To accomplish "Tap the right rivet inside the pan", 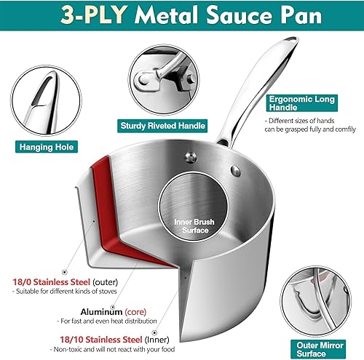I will click(x=236, y=170).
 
